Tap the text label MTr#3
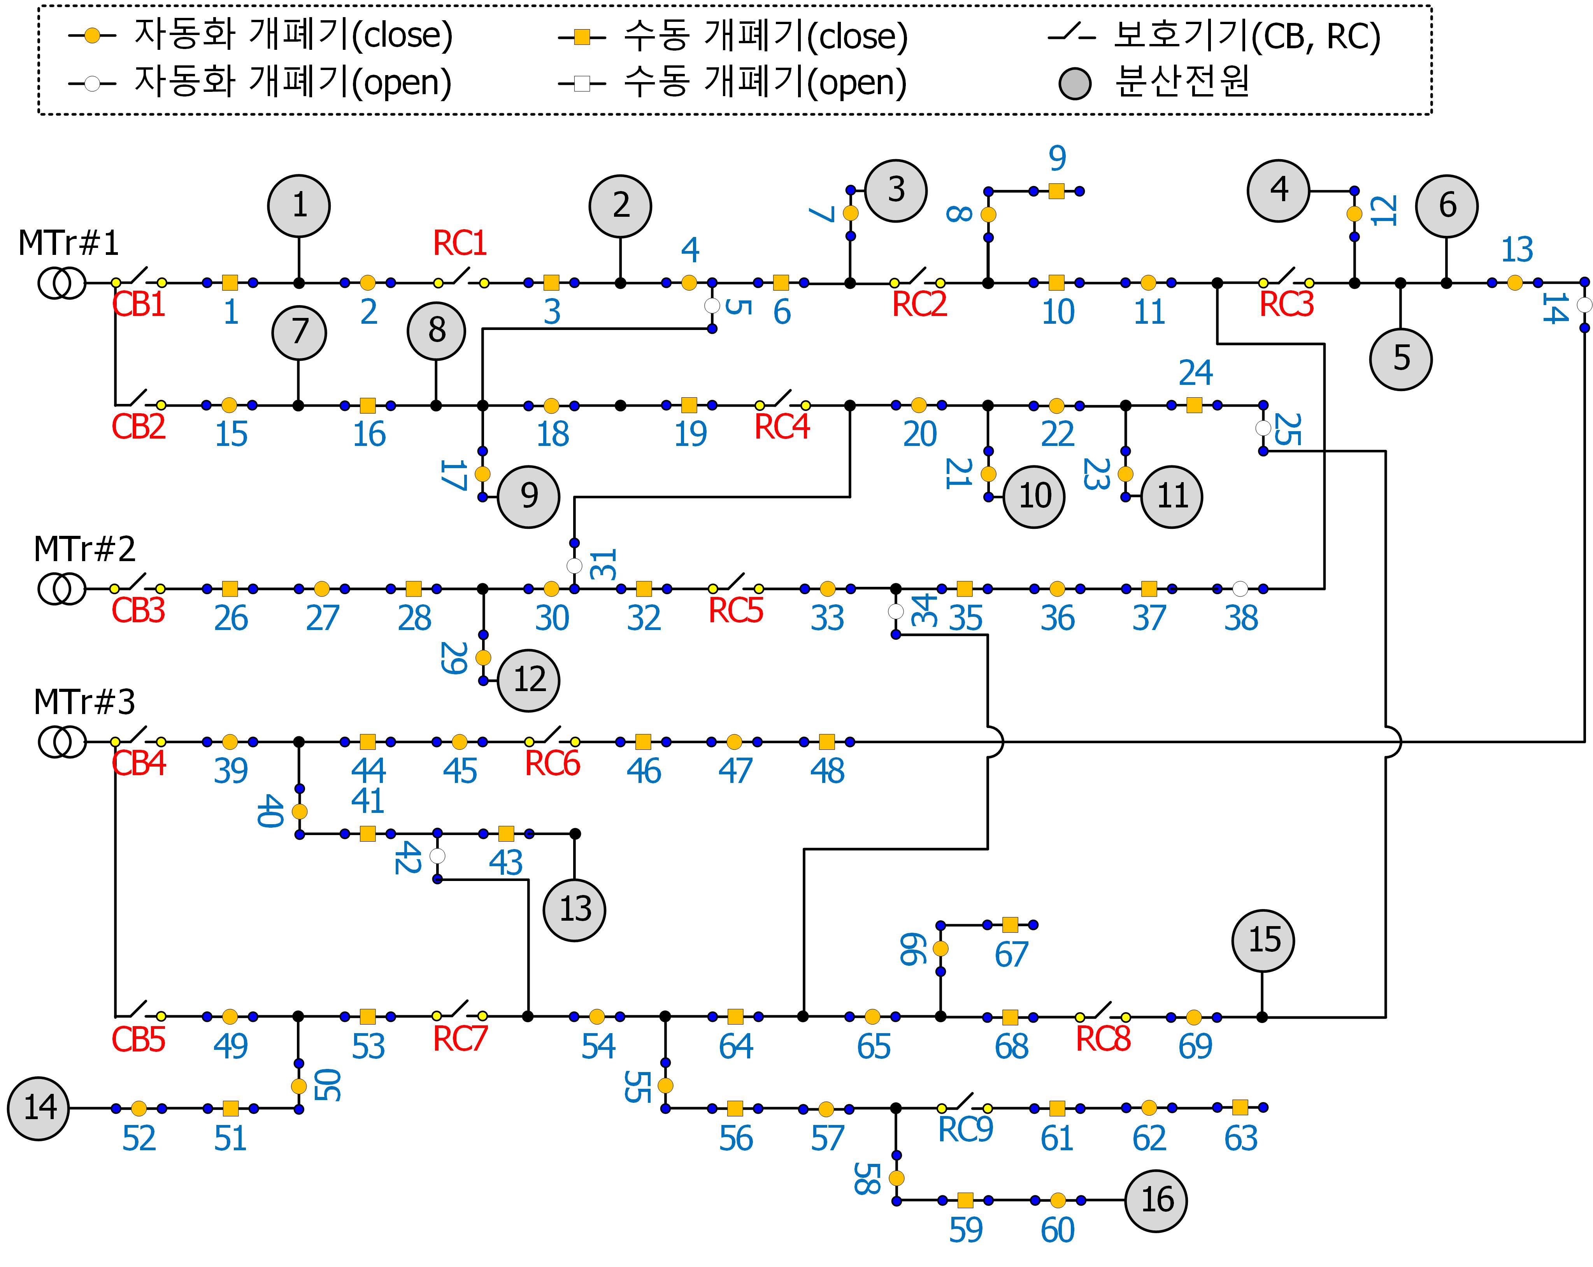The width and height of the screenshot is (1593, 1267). [x=84, y=702]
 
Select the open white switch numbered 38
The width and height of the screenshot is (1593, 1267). [x=1240, y=589]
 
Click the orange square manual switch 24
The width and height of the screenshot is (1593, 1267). [x=1194, y=405]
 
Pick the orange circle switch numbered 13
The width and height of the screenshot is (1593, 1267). [x=1515, y=282]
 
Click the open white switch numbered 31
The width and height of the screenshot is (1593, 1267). [x=574, y=566]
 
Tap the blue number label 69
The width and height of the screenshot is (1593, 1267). [x=1195, y=1046]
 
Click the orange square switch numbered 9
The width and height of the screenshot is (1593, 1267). [x=1056, y=191]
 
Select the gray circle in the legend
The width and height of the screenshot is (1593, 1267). [x=1075, y=84]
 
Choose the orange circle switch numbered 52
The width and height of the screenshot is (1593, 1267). [x=139, y=1108]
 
